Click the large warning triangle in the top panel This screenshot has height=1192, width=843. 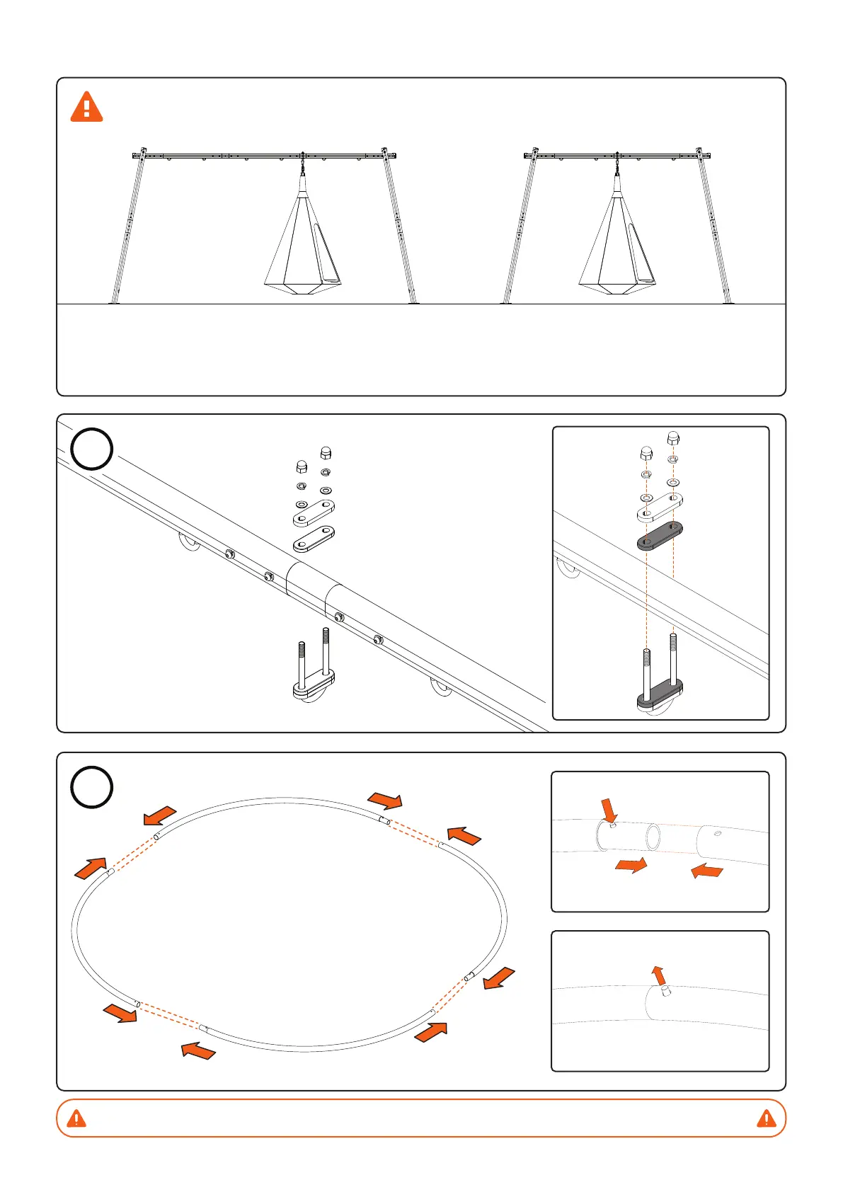point(86,107)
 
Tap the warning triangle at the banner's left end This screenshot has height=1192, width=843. point(76,1118)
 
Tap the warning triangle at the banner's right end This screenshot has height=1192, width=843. point(766,1118)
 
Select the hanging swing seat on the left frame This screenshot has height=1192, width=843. point(302,241)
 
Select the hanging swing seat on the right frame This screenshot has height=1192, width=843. point(616,241)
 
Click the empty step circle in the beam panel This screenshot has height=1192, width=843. point(92,449)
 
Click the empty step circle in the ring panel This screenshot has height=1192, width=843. point(92,787)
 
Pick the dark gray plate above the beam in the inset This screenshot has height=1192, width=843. point(660,536)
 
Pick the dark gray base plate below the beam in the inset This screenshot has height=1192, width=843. point(660,694)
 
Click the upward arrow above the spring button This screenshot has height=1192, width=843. point(659,975)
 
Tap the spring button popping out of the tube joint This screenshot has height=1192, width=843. point(665,992)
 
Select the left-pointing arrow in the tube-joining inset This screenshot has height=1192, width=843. point(707,871)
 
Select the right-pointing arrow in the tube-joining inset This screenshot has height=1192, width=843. point(631,865)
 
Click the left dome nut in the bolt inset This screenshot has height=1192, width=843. point(646,453)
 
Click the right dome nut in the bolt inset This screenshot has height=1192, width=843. point(673,440)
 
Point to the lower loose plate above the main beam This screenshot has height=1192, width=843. point(314,539)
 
